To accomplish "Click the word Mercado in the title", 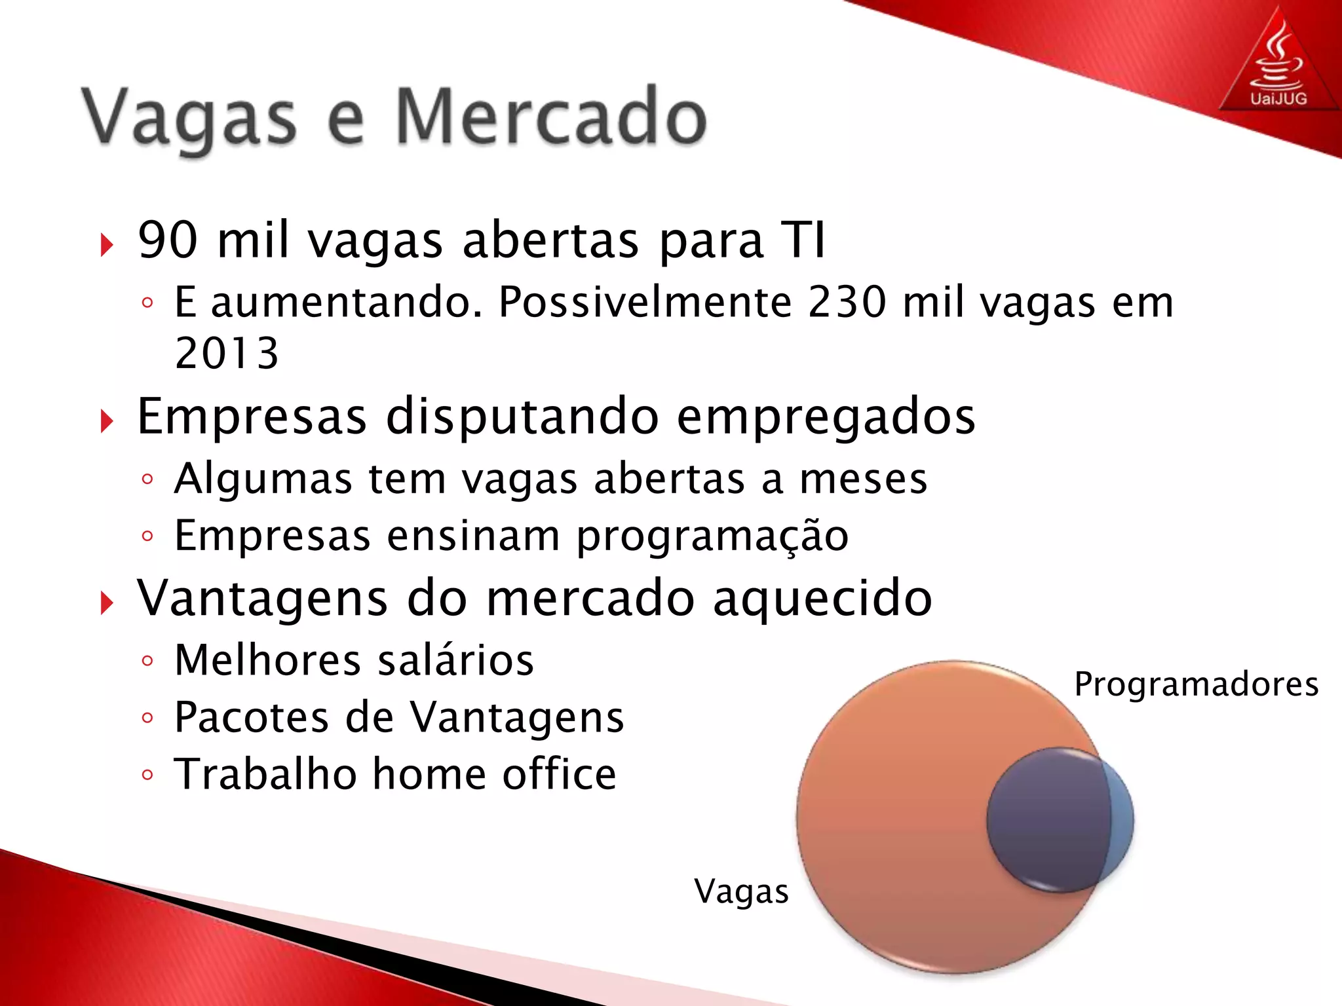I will pos(550,118).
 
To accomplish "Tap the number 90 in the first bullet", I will pos(168,240).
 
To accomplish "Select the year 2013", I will pos(227,354).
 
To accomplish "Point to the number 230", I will pos(847,303).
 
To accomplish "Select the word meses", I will pos(863,479).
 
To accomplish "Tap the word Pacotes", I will pos(252,717).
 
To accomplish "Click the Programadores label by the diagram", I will pos(1196,685).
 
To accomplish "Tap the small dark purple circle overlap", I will pos(1045,820).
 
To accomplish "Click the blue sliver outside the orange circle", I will pos(1122,819).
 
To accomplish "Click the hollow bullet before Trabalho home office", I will pos(147,775).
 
